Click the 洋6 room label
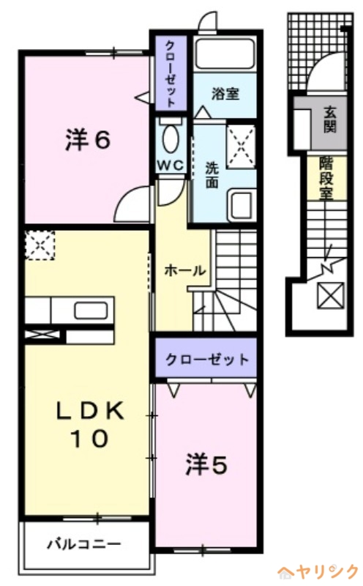(x=87, y=140)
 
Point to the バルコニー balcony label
(x=84, y=544)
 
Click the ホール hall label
(x=184, y=270)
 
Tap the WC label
(x=171, y=166)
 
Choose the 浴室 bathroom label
(x=225, y=93)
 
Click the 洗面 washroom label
(x=212, y=174)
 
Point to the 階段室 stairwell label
(x=326, y=177)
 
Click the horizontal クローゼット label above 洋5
(x=207, y=360)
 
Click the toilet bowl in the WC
(x=171, y=138)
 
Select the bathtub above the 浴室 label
(x=225, y=54)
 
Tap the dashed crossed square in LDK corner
(x=40, y=245)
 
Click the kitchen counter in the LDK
(x=70, y=311)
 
